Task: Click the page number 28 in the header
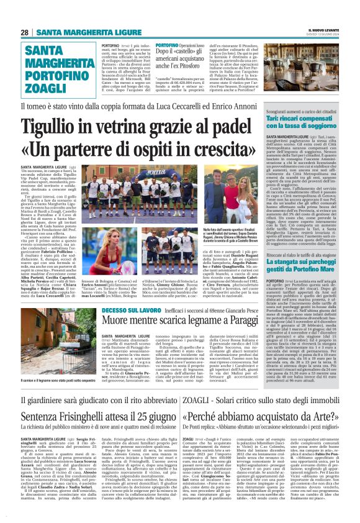[25, 32]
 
